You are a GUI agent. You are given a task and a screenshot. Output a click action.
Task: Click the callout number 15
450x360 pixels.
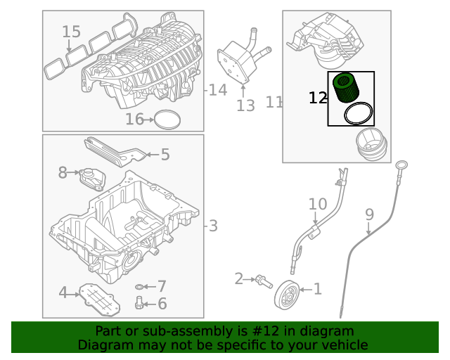72,32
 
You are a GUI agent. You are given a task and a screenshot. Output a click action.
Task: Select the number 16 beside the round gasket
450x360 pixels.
134,120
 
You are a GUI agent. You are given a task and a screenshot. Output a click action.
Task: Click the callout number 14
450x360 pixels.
218,90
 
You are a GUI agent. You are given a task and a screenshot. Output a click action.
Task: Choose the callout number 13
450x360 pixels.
245,105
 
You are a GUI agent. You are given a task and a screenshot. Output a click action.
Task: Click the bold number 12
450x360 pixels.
318,98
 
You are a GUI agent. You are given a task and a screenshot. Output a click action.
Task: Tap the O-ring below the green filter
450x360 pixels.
358,113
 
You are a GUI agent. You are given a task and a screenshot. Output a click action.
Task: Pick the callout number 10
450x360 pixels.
318,205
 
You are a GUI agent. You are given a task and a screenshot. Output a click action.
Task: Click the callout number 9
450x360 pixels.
369,214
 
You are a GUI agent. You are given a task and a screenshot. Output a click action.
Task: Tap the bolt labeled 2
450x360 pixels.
263,282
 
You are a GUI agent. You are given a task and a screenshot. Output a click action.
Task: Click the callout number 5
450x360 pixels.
165,154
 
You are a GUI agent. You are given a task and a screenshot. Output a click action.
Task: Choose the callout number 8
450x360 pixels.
63,172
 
